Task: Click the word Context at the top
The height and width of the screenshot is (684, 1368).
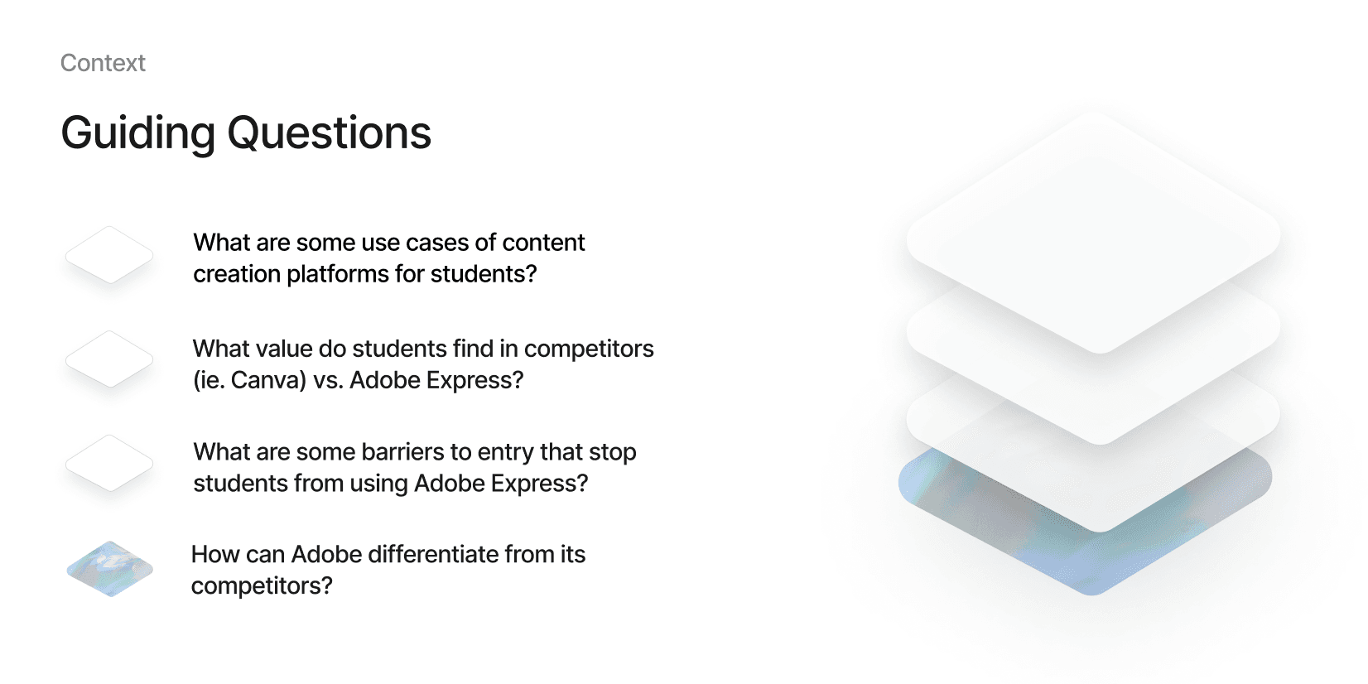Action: [x=103, y=63]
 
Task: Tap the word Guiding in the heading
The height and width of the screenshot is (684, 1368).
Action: [x=138, y=133]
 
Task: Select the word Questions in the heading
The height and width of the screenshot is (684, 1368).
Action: [x=330, y=133]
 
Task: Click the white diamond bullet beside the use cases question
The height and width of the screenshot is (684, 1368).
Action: [x=109, y=255]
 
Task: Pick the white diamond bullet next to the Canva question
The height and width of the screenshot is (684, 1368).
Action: [x=109, y=359]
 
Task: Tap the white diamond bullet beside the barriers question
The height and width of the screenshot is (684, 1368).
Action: [x=109, y=463]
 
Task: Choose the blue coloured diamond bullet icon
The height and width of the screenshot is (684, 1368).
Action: [x=110, y=569]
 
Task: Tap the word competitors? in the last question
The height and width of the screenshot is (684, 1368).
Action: [x=262, y=586]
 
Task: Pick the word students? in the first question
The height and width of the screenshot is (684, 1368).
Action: [x=484, y=274]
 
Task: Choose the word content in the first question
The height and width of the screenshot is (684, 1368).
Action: [x=543, y=243]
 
